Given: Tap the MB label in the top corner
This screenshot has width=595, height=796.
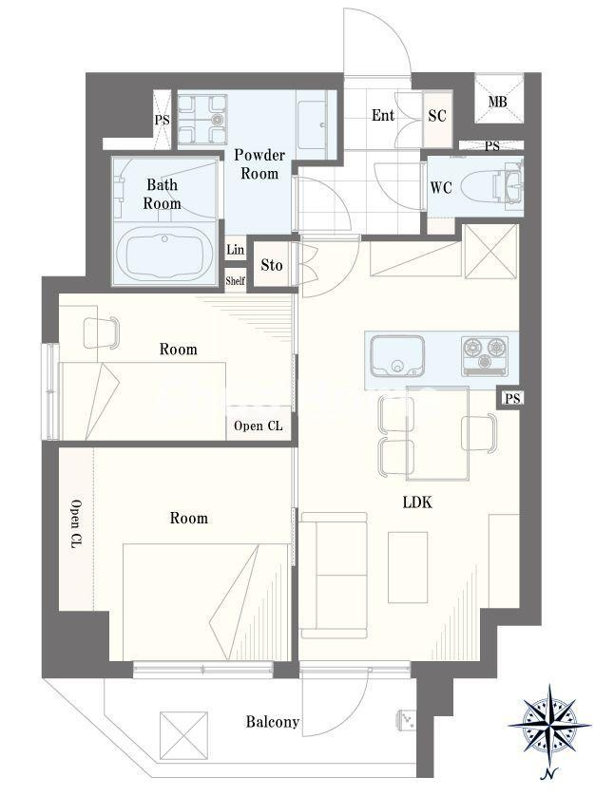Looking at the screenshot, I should point(497,103).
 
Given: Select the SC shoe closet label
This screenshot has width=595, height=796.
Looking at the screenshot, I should point(437,116).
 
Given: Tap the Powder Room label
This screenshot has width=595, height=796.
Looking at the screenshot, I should point(259,163).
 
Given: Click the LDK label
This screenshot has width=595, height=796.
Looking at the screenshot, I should point(416,502).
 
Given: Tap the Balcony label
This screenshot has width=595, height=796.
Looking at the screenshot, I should point(273,722).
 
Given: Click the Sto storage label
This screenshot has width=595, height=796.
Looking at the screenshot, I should point(271,265).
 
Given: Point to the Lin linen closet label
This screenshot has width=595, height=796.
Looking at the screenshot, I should point(235,250).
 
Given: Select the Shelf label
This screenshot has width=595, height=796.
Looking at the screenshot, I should point(235,280).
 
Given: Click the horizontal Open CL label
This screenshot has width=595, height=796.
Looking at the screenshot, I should point(258,426).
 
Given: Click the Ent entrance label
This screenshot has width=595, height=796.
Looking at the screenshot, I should point(383,116).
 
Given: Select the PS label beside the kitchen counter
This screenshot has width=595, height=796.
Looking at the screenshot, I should point(512,398).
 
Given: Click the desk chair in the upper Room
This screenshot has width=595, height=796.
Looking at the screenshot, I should point(102,332).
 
